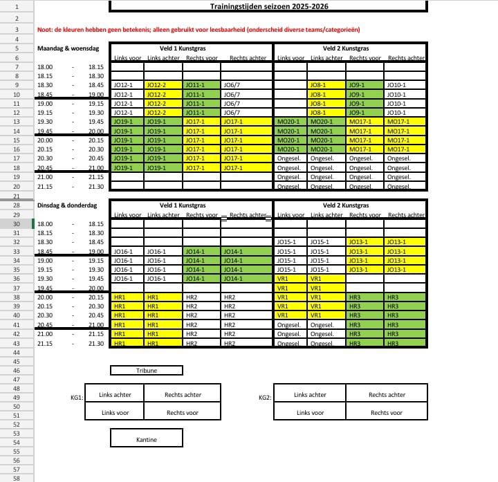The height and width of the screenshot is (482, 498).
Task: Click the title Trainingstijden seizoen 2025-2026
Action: click(269, 6)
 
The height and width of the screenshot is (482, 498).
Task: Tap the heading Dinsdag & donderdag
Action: click(67, 205)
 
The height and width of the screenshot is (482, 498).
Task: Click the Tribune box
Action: click(146, 371)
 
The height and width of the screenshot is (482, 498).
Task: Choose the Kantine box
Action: click(146, 439)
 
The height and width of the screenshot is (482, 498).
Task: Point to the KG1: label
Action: click(76, 398)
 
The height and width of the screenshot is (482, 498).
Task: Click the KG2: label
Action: click(264, 398)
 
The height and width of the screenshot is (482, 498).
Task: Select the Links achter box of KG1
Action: click(115, 395)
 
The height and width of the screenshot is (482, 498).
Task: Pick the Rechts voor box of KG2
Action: click(387, 412)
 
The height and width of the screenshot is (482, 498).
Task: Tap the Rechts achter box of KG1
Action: click(183, 395)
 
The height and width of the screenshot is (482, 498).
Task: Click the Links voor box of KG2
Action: click(310, 412)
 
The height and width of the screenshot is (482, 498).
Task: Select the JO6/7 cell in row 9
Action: click(232, 85)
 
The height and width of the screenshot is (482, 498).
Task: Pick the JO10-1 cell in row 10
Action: click(397, 94)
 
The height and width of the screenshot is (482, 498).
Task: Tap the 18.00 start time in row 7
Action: click(44, 67)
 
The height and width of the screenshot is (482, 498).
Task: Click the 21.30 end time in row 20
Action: click(95, 187)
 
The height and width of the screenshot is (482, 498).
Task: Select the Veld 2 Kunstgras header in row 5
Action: click(349, 48)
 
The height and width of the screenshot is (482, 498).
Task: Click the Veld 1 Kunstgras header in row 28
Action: click(183, 205)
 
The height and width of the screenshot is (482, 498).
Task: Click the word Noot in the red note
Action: click(44, 30)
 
